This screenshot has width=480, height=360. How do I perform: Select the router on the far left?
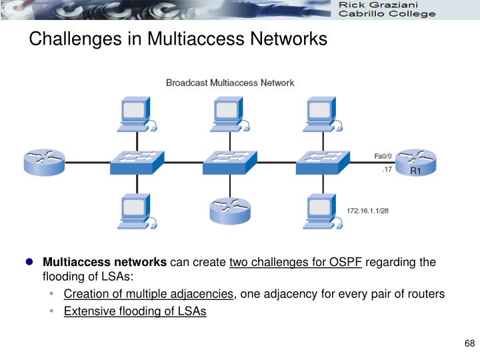point(44,162)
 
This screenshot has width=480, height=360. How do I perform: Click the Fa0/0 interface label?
point(383,155)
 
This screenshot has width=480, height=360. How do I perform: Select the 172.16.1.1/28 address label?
point(367,211)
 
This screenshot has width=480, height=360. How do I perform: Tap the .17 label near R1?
point(386,171)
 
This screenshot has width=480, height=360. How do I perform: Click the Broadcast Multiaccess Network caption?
point(230,83)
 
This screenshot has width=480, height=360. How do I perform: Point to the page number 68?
point(469,343)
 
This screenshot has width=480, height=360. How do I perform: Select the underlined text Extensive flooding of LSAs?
point(135,311)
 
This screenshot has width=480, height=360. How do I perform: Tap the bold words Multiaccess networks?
point(105,262)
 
